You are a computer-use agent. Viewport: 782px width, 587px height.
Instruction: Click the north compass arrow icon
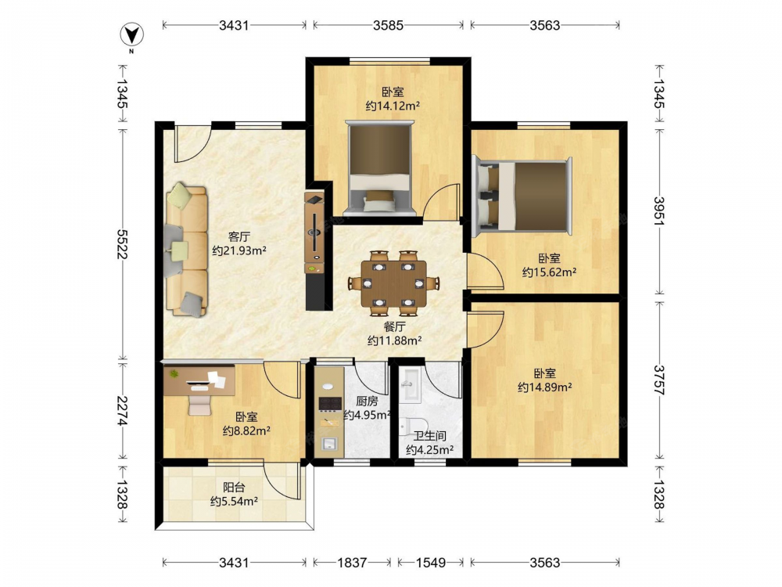(x=132, y=35)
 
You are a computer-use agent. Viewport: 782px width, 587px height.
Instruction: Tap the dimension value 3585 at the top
(x=388, y=25)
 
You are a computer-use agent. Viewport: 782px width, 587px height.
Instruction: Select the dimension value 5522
(x=122, y=244)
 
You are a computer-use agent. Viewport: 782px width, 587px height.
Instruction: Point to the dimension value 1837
(x=352, y=563)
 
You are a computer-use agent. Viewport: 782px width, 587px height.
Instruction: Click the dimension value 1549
(x=430, y=563)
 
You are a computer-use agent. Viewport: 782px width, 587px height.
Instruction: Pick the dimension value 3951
(x=659, y=211)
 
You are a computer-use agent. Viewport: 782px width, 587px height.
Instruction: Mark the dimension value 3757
(x=659, y=380)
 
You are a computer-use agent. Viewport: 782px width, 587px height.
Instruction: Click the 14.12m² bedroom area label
(x=393, y=106)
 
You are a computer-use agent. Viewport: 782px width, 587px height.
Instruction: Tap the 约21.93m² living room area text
(x=239, y=250)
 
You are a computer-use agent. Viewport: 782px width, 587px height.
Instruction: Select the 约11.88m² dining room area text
(x=394, y=341)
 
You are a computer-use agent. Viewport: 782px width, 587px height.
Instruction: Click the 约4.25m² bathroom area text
(x=429, y=450)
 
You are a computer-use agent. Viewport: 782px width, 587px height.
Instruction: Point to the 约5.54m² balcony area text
(x=234, y=501)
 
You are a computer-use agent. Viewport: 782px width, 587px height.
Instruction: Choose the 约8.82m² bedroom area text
(x=246, y=430)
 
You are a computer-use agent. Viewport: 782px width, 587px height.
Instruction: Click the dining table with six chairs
(x=394, y=283)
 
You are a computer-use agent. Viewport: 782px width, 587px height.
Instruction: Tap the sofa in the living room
(x=187, y=250)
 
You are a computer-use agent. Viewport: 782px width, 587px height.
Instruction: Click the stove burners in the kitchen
(x=330, y=403)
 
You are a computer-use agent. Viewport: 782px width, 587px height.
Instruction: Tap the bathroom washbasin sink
(x=412, y=384)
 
